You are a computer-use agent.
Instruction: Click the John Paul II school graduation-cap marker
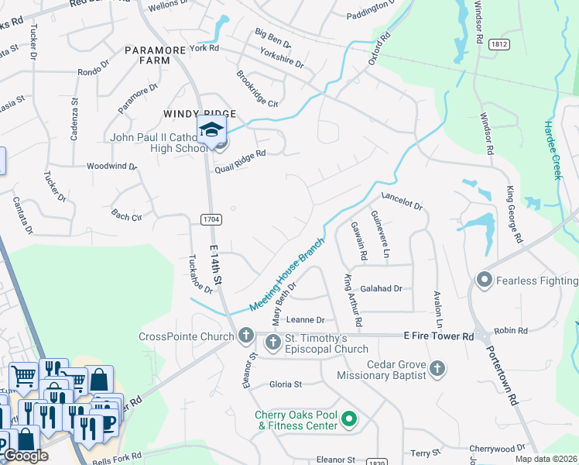(210, 130)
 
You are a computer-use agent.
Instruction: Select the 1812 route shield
(498, 45)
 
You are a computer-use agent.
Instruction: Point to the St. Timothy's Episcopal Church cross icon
(272, 342)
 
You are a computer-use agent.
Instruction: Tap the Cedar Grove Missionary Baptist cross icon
(437, 368)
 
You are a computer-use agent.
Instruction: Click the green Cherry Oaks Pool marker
(349, 420)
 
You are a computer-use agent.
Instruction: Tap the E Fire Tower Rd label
(438, 336)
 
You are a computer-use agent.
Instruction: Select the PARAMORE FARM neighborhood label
(155, 55)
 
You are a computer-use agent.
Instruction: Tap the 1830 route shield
(377, 462)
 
